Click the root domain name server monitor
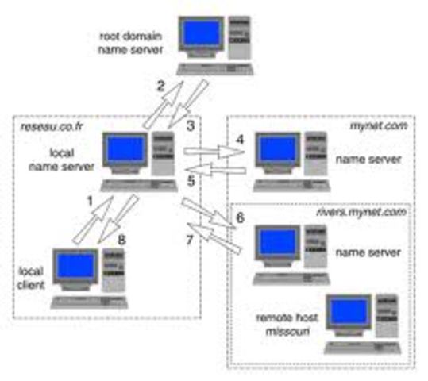click(x=200, y=36)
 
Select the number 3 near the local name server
click(x=190, y=125)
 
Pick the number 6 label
click(x=241, y=216)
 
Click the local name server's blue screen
click(x=127, y=149)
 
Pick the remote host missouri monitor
click(x=349, y=311)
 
